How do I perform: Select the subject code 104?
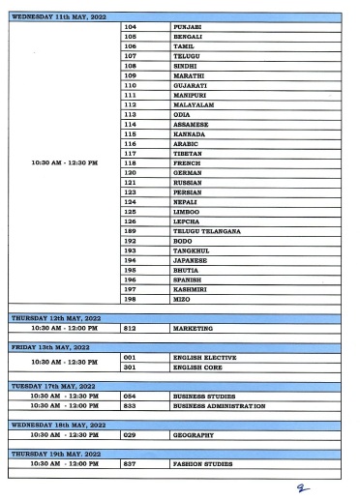[131, 27]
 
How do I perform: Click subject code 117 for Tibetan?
[131, 155]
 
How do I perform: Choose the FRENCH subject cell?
[185, 164]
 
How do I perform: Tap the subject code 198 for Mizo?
[131, 299]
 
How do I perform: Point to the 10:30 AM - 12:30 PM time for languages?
[64, 163]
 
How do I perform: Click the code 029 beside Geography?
[131, 435]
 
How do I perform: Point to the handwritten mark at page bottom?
[307, 489]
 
